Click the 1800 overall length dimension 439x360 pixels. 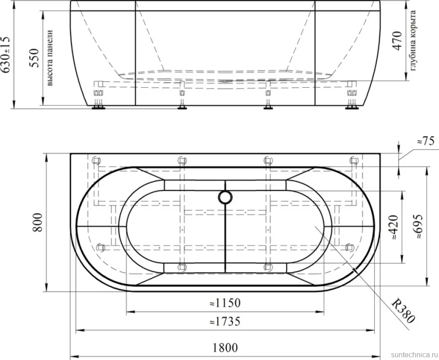click(225, 348)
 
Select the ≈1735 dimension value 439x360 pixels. click(225, 322)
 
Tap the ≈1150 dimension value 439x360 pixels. click(225, 303)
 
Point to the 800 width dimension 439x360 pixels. click(37, 222)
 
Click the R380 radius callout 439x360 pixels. click(403, 311)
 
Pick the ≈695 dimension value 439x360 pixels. click(418, 227)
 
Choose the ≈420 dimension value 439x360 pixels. click(394, 227)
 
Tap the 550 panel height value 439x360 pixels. click(34, 58)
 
